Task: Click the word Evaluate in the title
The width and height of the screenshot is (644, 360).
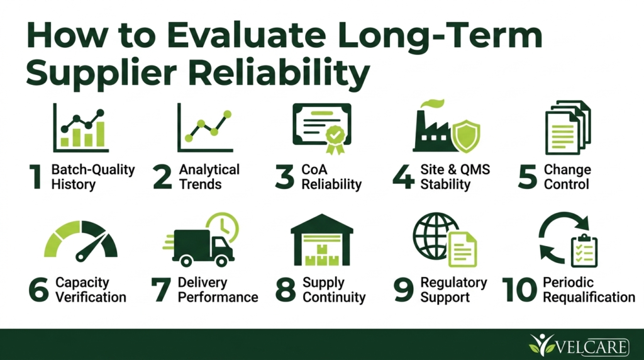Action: click(246, 35)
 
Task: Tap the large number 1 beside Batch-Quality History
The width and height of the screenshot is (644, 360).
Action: click(36, 177)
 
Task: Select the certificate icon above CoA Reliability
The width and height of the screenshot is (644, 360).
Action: click(322, 129)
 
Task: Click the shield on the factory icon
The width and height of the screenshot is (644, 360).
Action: click(466, 136)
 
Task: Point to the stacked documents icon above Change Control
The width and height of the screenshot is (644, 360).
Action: click(568, 127)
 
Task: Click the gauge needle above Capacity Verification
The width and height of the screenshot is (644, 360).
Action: click(91, 247)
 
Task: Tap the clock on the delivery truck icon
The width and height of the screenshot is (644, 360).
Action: click(223, 227)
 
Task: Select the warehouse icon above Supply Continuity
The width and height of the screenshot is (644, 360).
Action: click(322, 240)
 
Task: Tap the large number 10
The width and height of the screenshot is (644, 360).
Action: click(519, 290)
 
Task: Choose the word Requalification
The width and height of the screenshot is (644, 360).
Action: click(589, 297)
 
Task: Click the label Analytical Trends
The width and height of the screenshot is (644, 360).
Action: click(209, 177)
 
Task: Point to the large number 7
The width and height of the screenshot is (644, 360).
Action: click(161, 290)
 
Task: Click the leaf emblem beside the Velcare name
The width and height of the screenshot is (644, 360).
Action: click(541, 344)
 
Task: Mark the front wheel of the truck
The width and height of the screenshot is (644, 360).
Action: click(222, 260)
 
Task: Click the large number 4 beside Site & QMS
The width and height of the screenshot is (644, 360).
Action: click(403, 177)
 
